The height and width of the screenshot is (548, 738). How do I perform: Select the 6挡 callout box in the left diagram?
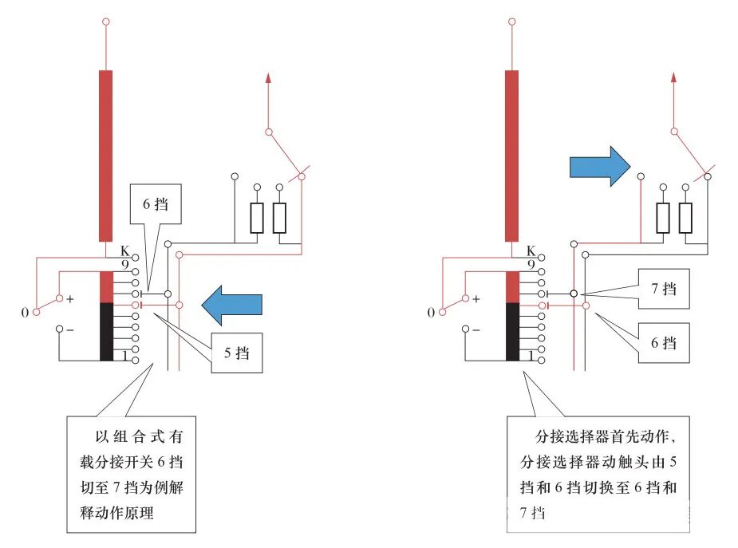click(x=156, y=205)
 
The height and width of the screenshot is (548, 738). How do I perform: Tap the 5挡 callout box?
click(x=236, y=352)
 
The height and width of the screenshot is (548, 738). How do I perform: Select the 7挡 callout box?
click(x=663, y=289)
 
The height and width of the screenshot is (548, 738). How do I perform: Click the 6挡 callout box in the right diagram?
click(x=663, y=343)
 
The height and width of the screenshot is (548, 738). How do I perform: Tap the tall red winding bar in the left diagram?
click(x=106, y=156)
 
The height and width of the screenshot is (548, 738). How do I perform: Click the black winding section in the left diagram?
click(x=106, y=332)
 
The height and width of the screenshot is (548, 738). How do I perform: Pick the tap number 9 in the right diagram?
click(x=531, y=264)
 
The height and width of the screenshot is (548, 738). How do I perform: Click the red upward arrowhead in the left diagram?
click(x=268, y=78)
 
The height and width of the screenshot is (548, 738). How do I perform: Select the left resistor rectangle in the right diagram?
click(x=663, y=218)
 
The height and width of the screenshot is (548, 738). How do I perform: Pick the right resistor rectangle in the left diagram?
click(x=279, y=218)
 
